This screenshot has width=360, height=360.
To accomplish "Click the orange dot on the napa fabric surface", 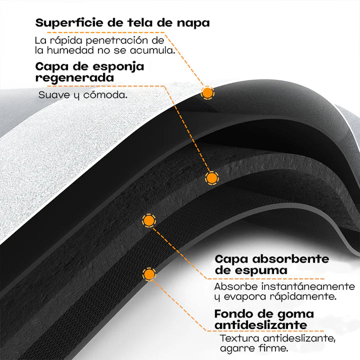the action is click(207, 93).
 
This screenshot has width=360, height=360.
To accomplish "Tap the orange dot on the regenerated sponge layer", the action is click(211, 178).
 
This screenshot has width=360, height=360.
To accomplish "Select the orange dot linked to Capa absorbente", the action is click(149, 220).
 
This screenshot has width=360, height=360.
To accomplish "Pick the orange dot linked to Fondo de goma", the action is click(149, 274).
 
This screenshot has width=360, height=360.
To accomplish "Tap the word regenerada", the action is click(74, 78).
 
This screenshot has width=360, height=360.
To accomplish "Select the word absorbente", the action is click(290, 259).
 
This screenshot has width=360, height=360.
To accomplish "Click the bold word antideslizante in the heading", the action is click(260, 325).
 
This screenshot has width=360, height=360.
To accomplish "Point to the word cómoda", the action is click(105, 95).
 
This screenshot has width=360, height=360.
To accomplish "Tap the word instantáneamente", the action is click(308, 286).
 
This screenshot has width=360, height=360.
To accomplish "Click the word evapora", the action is click(245, 296).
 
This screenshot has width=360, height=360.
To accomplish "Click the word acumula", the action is click(152, 50).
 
